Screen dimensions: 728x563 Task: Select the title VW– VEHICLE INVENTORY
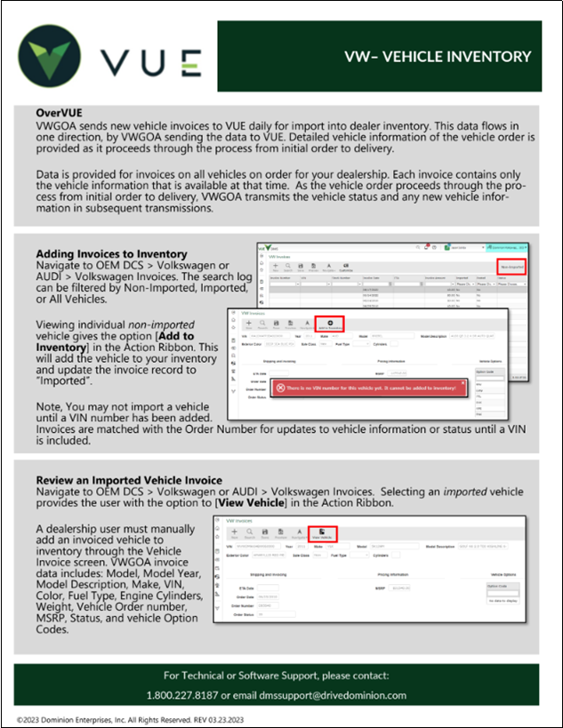coord(438,57)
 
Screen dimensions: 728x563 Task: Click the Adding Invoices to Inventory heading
coord(111,254)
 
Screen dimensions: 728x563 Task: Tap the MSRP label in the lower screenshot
coord(379,588)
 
